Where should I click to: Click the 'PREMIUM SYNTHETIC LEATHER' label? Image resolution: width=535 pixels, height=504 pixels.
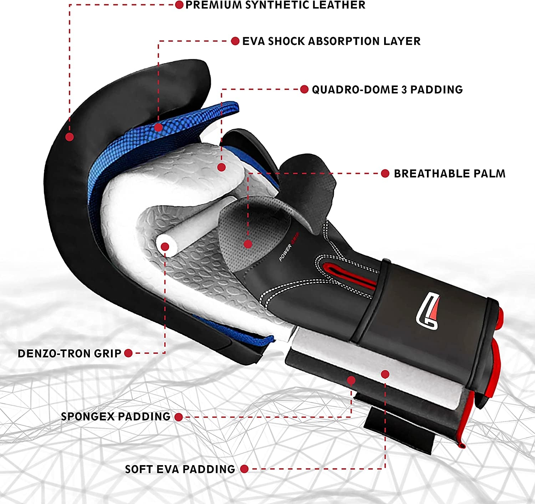pos(275,5)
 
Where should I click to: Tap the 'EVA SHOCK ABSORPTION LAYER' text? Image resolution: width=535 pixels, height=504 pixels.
pos(331,41)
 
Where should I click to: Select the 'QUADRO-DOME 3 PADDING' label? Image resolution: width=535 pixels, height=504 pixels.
pos(387,90)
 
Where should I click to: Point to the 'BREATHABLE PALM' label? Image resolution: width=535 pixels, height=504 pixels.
pos(449,174)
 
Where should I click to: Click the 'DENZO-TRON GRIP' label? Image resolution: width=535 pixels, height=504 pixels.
pos(70,353)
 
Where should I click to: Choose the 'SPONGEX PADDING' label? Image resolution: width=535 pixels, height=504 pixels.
pos(116,417)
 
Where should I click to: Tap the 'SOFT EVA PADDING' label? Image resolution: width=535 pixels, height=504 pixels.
pos(180,469)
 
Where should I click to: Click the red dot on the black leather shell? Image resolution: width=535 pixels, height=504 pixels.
pos(70,137)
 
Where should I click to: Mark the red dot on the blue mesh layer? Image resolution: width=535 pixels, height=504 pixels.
pos(159,127)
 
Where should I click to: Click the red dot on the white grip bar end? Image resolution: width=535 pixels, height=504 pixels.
pos(165,246)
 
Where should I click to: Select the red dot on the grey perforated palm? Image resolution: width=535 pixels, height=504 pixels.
pos(248,244)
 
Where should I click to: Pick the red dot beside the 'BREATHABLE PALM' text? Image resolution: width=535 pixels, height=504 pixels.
pos(385,174)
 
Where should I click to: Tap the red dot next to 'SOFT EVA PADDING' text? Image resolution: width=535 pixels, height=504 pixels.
pos(244,469)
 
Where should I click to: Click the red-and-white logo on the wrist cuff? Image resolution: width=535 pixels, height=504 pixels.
pos(427,311)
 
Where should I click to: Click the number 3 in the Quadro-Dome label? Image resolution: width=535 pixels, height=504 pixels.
pos(404,90)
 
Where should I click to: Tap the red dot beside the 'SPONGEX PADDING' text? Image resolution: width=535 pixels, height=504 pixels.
pos(179,417)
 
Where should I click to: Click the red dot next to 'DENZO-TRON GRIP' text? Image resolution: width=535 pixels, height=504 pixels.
pos(128,353)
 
